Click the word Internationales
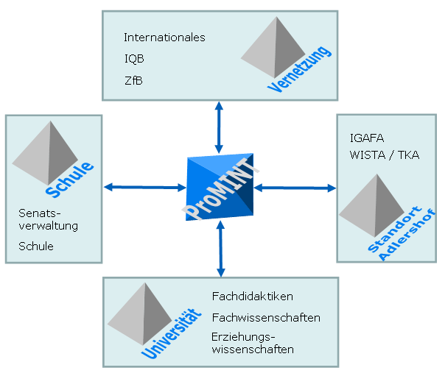click(x=164, y=38)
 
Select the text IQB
click(x=133, y=59)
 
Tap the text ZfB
click(x=133, y=79)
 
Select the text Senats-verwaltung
click(x=48, y=221)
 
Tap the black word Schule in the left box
click(x=36, y=246)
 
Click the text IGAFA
click(x=368, y=138)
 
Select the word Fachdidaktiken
click(x=252, y=297)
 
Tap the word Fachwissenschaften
click(x=265, y=318)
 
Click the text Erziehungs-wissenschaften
click(x=252, y=344)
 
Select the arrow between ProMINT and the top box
click(x=219, y=127)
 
